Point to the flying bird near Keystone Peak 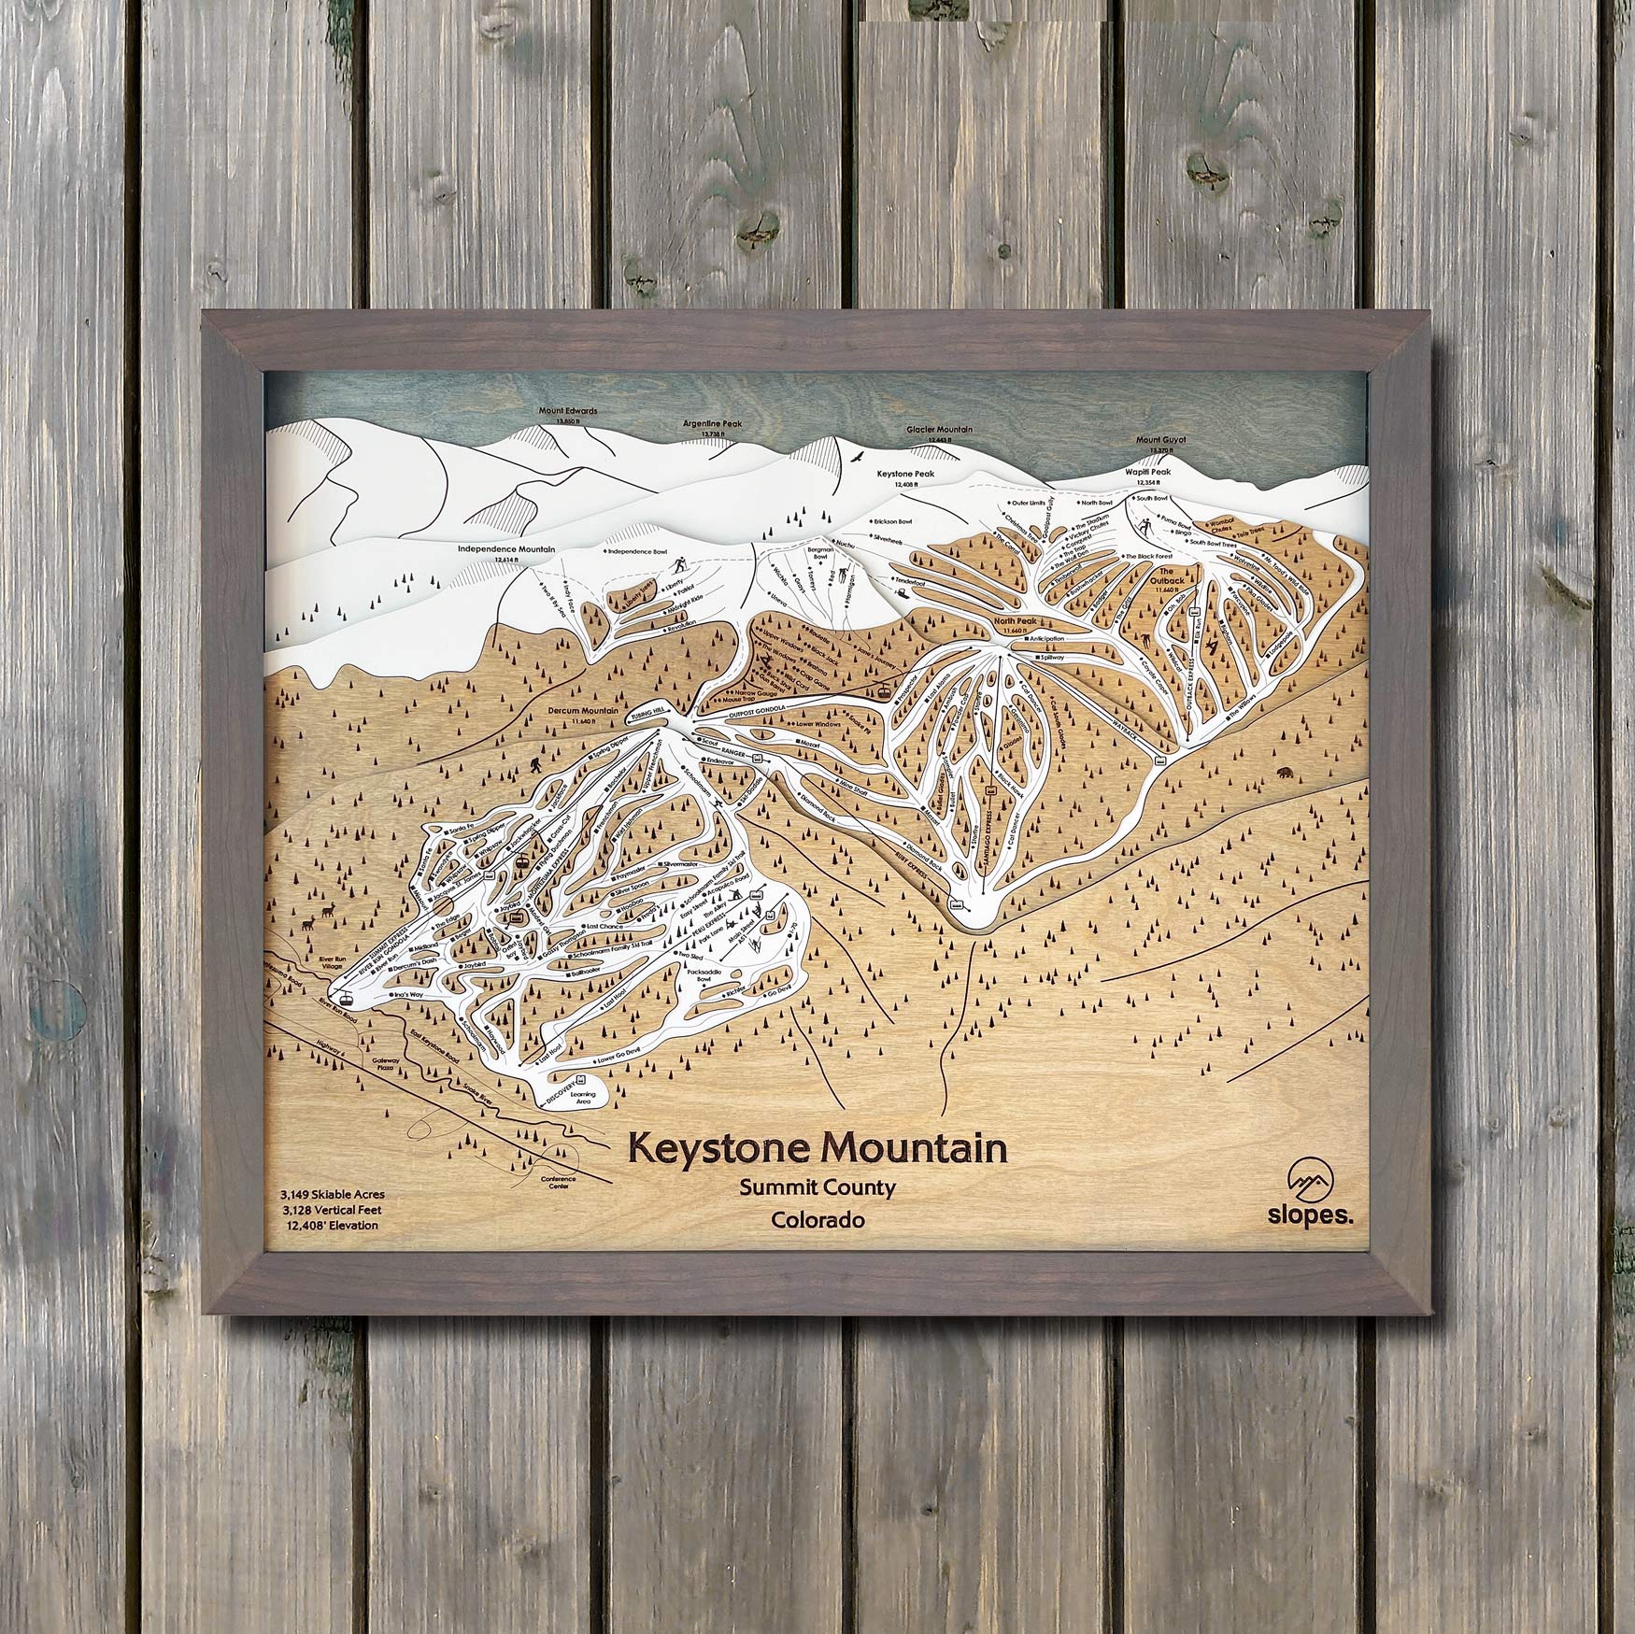[853, 459]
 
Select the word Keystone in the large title [726, 1148]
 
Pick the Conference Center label [559, 1181]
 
